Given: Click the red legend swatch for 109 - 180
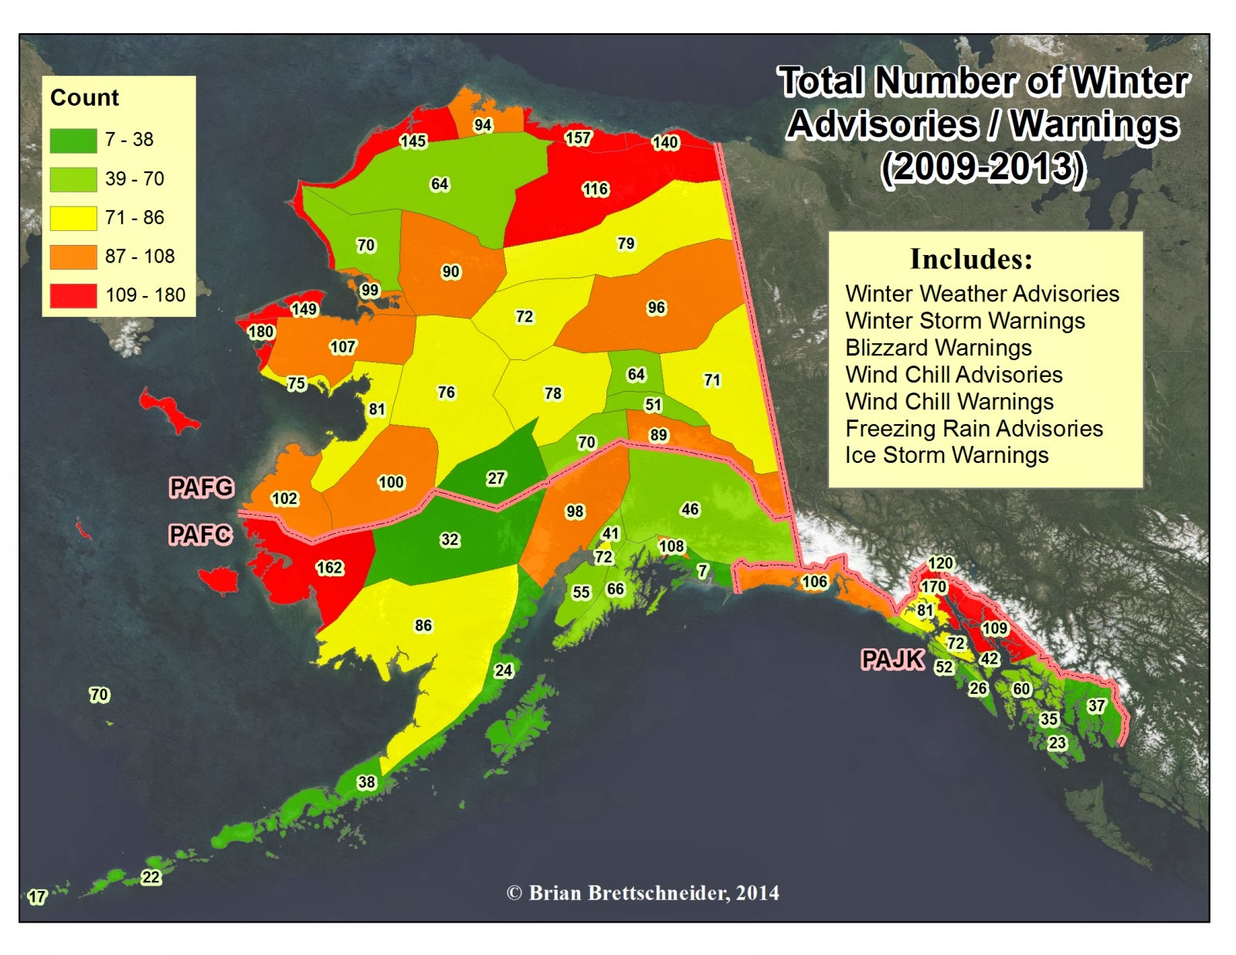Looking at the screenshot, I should click(x=73, y=295).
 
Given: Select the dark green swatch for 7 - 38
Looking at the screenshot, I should click(x=73, y=140).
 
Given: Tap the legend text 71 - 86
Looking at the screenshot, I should click(x=134, y=217).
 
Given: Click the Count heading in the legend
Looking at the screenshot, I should click(x=84, y=98).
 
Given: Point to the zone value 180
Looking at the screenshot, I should click(x=260, y=331).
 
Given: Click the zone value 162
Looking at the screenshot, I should click(x=329, y=568).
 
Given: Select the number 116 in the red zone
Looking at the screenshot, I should click(x=595, y=189).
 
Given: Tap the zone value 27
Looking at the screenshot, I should click(x=496, y=478).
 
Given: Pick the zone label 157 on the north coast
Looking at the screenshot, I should click(x=577, y=138).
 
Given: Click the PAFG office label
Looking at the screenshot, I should click(x=202, y=488).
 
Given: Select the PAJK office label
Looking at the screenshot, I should click(x=892, y=659).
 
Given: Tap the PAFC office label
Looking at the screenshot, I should click(x=201, y=534).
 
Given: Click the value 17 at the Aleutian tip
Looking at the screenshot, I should click(x=37, y=897).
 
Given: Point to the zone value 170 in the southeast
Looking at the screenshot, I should click(x=933, y=586).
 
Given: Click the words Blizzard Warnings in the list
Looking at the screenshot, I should click(x=938, y=348).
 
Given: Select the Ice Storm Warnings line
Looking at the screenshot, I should click(x=946, y=455).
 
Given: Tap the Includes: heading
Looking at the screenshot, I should click(x=971, y=259).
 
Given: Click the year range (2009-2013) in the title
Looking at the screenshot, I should click(x=983, y=168).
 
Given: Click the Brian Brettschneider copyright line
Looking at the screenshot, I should click(x=643, y=893).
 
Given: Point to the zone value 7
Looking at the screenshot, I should click(x=702, y=571).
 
